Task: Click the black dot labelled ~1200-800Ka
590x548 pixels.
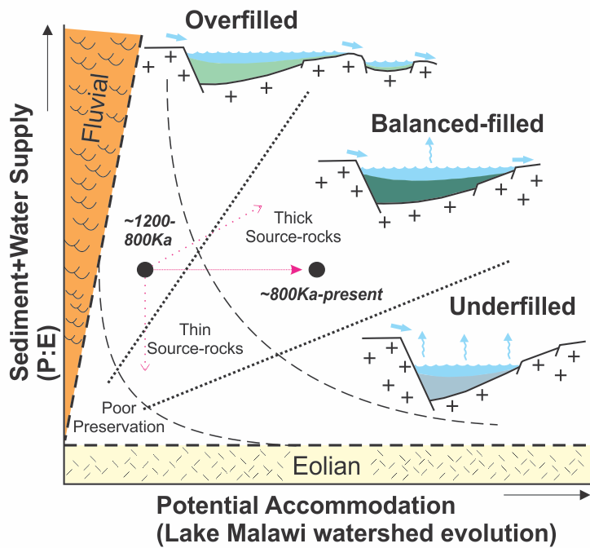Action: coord(145,269)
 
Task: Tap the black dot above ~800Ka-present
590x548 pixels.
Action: coord(317,269)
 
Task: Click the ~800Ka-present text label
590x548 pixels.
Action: coord(321,292)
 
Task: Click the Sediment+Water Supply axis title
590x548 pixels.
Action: coord(18,245)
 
